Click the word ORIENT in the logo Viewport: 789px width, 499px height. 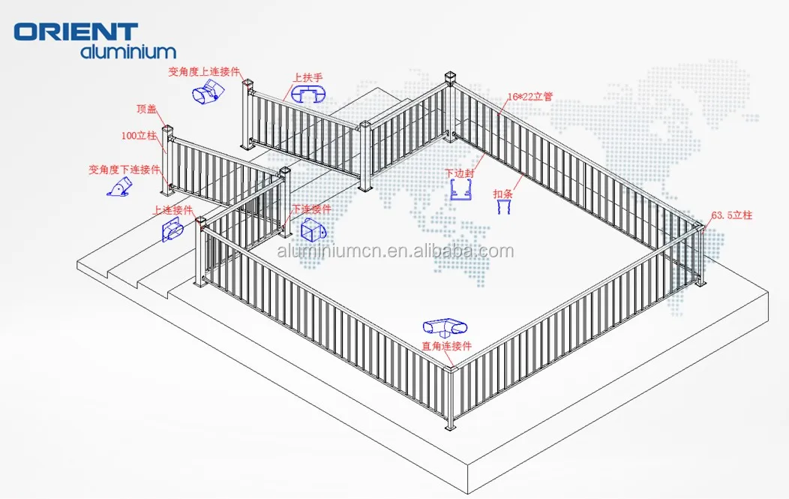coord(76,32)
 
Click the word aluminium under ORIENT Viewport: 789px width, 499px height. coord(128,52)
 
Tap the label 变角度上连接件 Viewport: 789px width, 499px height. coord(204,72)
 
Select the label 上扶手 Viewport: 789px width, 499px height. coord(307,77)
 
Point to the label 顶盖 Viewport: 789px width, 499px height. coord(146,109)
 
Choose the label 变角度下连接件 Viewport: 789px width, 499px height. coord(124,170)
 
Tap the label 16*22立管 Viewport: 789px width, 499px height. coord(529,97)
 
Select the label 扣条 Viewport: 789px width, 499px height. coord(502,194)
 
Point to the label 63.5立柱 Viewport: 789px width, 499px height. coord(731,215)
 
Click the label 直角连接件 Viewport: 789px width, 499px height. coord(445,346)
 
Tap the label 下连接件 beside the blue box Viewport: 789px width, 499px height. coord(311,209)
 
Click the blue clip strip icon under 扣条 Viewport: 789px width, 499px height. coord(504,207)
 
